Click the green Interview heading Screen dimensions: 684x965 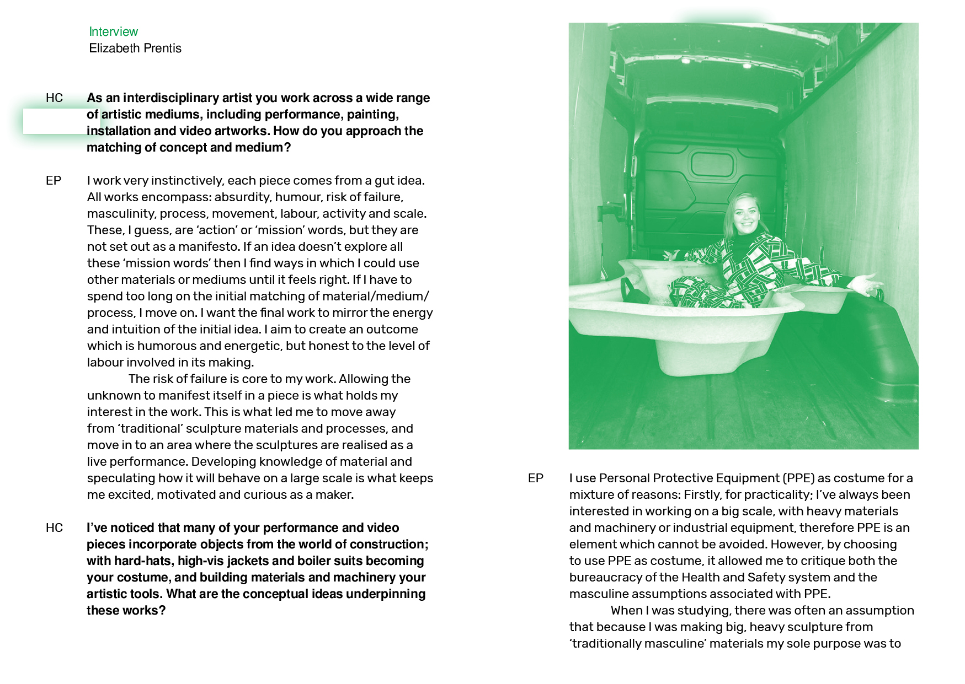click(x=113, y=32)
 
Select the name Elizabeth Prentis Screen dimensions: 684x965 click(x=135, y=49)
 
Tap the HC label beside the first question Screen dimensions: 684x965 click(x=54, y=98)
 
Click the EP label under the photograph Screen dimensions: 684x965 click(x=535, y=478)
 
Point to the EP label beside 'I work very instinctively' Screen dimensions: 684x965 click(x=54, y=181)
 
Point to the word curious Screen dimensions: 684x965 click(x=269, y=495)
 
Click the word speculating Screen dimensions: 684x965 click(x=121, y=478)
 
